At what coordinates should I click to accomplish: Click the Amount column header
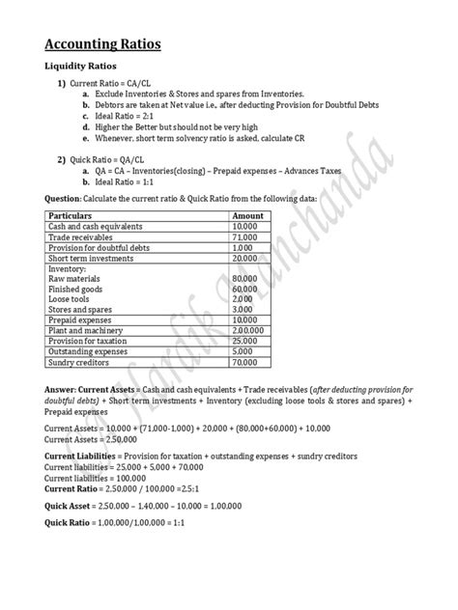[x=248, y=215]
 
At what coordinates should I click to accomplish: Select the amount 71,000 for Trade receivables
[x=244, y=236]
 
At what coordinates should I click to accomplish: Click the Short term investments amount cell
[x=244, y=258]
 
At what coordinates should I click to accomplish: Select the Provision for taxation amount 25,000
[x=244, y=341]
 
